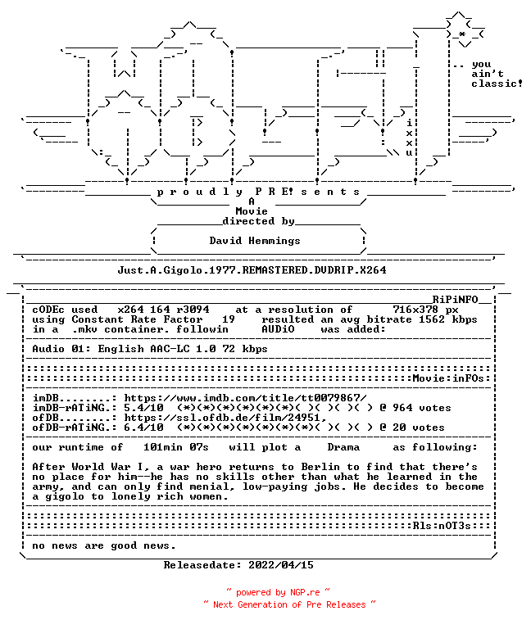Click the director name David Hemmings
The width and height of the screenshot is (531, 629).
coord(255,241)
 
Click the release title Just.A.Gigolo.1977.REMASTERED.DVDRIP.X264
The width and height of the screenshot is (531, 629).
coord(252,270)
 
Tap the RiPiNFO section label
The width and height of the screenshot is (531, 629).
coord(455,299)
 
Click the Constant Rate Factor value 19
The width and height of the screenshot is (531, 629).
coord(229,319)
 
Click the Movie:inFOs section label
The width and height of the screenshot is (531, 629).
coord(448,378)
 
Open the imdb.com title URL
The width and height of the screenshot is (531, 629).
coord(245,398)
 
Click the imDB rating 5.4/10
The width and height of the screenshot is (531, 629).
coord(143,408)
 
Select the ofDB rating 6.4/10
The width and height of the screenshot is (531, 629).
coord(143,428)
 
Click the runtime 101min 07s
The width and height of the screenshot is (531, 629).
coord(176,447)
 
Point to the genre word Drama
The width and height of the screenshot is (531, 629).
coord(343,447)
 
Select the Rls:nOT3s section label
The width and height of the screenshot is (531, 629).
coord(442,526)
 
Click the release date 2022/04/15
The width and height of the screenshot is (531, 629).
coord(281,565)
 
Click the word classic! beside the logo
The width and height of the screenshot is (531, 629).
coord(497,84)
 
